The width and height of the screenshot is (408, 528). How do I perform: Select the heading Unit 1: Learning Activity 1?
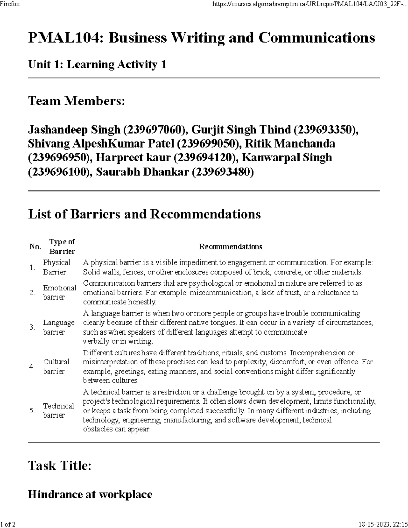click(x=97, y=64)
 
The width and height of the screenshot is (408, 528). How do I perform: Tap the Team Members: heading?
click(x=76, y=101)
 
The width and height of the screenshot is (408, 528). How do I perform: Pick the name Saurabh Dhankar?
click(x=142, y=172)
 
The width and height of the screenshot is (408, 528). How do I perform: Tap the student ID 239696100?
click(x=59, y=172)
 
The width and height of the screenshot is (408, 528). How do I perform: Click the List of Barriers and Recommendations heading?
click(x=144, y=214)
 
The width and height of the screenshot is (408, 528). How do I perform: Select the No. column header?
click(x=35, y=247)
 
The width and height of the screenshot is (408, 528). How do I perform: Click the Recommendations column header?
click(x=231, y=247)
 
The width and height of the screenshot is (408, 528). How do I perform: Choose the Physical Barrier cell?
click(x=56, y=267)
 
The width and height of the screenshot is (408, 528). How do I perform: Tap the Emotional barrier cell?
click(x=60, y=292)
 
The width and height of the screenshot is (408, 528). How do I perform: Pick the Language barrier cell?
click(x=58, y=327)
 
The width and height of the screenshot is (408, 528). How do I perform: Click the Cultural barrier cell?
click(x=56, y=367)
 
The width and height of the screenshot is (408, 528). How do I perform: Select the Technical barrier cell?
click(x=58, y=410)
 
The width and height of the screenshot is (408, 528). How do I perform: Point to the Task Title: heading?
click(x=60, y=465)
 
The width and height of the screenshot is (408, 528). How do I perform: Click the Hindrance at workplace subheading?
click(x=90, y=494)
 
